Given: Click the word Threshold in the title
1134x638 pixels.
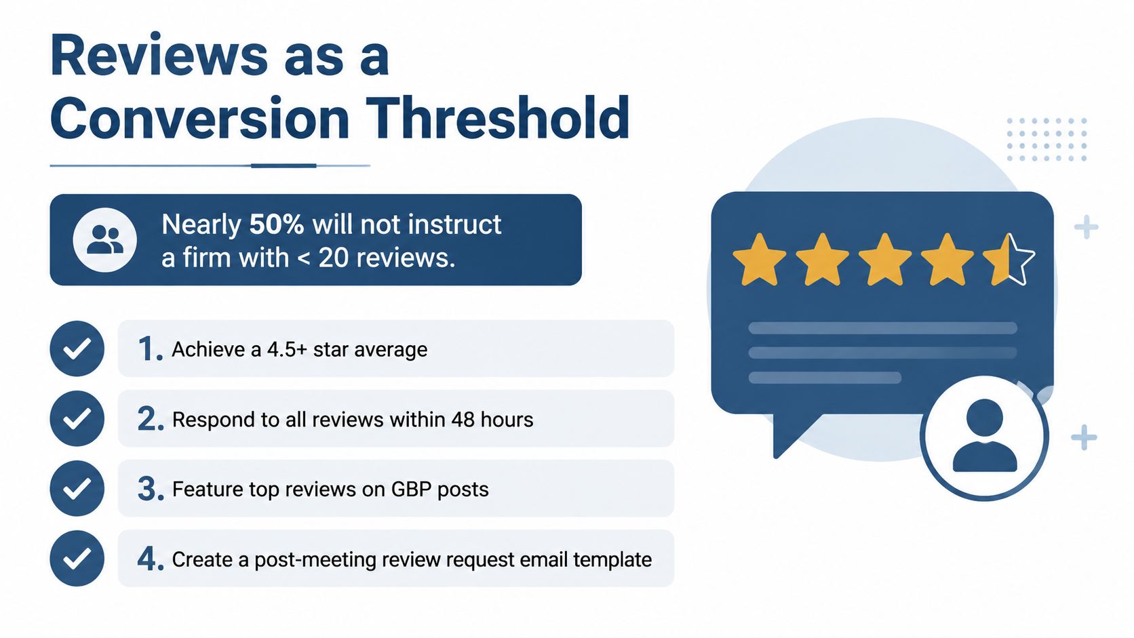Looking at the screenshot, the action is pyautogui.click(x=498, y=118).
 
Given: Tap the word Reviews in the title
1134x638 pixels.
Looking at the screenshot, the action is pyautogui.click(x=159, y=55).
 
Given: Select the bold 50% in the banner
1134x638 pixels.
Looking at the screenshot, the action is pyautogui.click(x=277, y=224).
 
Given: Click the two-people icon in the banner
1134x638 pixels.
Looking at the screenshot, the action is pyautogui.click(x=105, y=240).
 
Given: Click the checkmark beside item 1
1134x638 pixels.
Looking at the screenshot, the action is pyautogui.click(x=77, y=348).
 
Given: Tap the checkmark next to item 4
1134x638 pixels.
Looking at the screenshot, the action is pyautogui.click(x=77, y=559).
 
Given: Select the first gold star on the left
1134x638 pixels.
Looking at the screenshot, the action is pyautogui.click(x=760, y=260).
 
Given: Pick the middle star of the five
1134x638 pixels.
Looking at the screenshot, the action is pyautogui.click(x=884, y=260).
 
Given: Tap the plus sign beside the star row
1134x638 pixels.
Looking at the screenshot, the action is pyautogui.click(x=1087, y=227).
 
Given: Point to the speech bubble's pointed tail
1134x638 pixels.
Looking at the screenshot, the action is pyautogui.click(x=789, y=435).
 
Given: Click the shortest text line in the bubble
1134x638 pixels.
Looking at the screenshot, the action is pyautogui.click(x=825, y=378).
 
